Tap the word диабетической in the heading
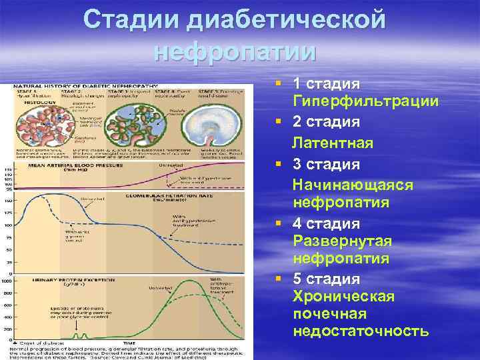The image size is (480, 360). [x=288, y=20]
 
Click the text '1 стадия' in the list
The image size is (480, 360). [x=327, y=84]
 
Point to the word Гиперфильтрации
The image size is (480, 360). [x=365, y=101]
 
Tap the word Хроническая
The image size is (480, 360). [x=343, y=295]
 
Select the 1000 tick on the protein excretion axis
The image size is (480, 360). [x=7, y=281]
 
